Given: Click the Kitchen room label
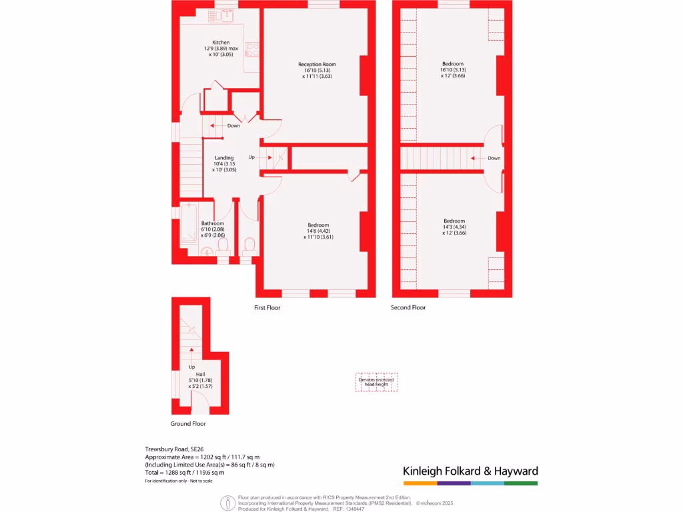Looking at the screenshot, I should tap(221, 43).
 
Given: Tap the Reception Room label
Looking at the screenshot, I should tap(316, 65).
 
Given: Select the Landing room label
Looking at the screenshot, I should tap(223, 158).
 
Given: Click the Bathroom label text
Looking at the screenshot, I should tap(213, 223).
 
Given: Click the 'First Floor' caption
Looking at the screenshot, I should tap(267, 307).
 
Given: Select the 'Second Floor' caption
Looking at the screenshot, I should tap(408, 307).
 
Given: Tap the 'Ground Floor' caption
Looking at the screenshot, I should tap(189, 423).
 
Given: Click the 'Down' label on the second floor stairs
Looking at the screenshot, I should tap(494, 158).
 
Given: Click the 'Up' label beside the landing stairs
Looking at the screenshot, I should tap(251, 157).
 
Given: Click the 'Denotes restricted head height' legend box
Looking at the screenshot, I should tap(376, 382).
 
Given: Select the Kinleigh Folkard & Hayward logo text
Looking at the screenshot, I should tap(470, 471).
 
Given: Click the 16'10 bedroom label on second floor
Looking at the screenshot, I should tap(452, 64).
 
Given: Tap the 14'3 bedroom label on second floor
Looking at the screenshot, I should tap(454, 221).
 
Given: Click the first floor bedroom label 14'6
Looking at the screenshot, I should tap(317, 225).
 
